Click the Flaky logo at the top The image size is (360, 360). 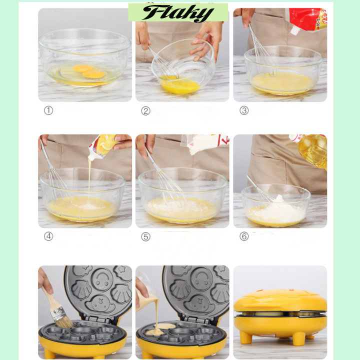pos(178,13)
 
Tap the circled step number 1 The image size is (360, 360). pos(48,110)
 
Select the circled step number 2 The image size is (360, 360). pos(146,111)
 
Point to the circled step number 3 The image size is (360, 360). pos(244,110)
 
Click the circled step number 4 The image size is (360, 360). pos(48,236)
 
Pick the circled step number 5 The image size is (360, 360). pos(146,236)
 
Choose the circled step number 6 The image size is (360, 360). pos(244,236)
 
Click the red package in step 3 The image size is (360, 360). pos(307,20)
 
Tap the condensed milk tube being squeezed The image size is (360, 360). pos(102,147)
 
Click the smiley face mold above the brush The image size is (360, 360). pos(101,280)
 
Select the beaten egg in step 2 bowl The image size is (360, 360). pos(179,84)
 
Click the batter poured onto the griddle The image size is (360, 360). pos(160,329)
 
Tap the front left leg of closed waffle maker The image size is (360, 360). pos(245,337)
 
